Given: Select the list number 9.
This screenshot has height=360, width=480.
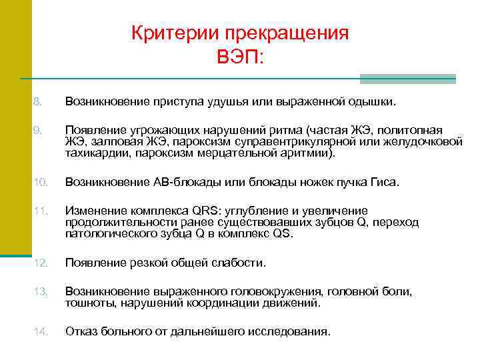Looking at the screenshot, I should [37, 129].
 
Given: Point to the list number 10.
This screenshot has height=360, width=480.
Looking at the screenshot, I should [39, 181].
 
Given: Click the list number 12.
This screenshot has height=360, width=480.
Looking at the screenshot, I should [39, 263].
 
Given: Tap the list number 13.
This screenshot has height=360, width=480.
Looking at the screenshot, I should [39, 291].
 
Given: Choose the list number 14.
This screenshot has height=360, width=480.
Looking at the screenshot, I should [39, 331].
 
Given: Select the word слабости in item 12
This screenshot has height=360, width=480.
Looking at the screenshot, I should [239, 263].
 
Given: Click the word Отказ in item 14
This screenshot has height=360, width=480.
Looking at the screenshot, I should [81, 331].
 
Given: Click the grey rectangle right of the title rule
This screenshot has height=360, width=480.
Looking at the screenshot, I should [407, 79].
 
